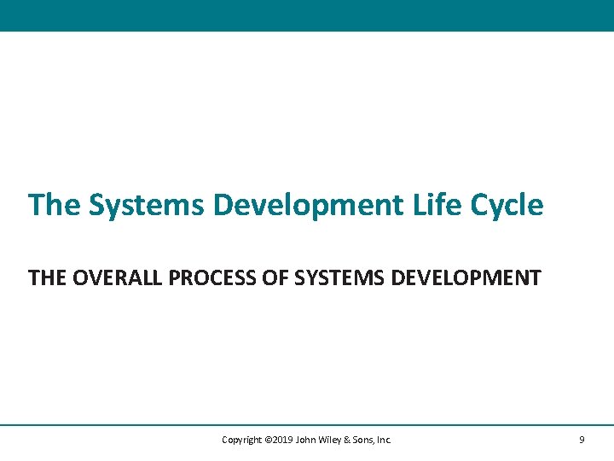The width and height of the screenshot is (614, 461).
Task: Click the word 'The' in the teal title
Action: [55, 205]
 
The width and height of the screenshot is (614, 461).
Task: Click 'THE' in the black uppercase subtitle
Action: [48, 277]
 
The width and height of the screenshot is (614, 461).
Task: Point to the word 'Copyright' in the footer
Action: [241, 441]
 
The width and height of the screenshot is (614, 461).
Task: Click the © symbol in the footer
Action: [269, 440]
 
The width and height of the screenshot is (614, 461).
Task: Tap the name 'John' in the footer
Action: [305, 440]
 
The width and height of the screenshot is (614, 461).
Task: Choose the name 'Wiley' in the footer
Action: [330, 441]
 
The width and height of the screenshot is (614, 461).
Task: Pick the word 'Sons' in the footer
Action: [363, 440]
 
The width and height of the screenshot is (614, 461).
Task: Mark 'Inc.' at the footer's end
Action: [384, 440]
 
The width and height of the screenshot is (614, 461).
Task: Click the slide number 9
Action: [582, 440]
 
